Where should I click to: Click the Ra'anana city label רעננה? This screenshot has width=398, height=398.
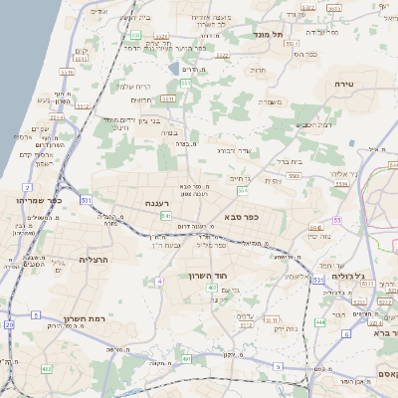click(x=156, y=205)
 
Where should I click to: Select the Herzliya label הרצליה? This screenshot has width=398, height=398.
click(x=72, y=259)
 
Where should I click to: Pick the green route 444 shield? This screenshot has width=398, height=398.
click(x=319, y=322)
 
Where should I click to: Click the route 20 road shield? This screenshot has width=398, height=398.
click(x=9, y=325)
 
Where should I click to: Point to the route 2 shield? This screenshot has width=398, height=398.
click(x=27, y=186)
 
